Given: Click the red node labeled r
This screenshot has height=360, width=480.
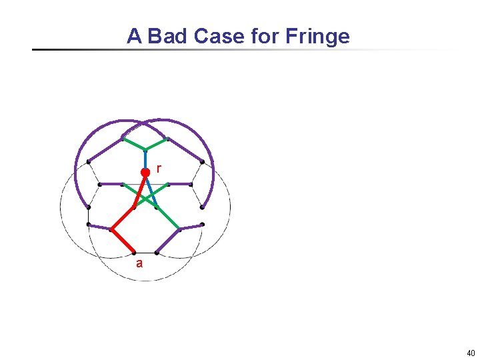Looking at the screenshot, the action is click(x=145, y=172).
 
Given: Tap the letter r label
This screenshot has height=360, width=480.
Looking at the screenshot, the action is click(x=158, y=168).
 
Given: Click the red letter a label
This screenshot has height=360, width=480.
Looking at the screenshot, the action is click(x=139, y=263).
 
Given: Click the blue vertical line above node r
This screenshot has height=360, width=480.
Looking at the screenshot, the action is click(x=145, y=159).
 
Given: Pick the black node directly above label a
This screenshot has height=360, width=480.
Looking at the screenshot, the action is click(x=134, y=253).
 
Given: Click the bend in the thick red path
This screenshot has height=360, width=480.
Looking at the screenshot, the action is click(x=111, y=229).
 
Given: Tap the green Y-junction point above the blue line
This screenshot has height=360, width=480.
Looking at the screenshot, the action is click(x=145, y=149).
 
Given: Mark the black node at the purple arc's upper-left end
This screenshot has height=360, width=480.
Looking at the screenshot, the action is click(x=89, y=161).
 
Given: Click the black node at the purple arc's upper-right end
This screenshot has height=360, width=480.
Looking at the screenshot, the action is click(x=202, y=161).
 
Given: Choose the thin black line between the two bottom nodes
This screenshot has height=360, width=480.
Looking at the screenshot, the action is click(x=145, y=253).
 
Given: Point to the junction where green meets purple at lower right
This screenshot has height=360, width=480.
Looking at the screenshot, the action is click(x=179, y=230).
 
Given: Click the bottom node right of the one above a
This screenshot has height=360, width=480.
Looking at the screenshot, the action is click(x=156, y=253).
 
